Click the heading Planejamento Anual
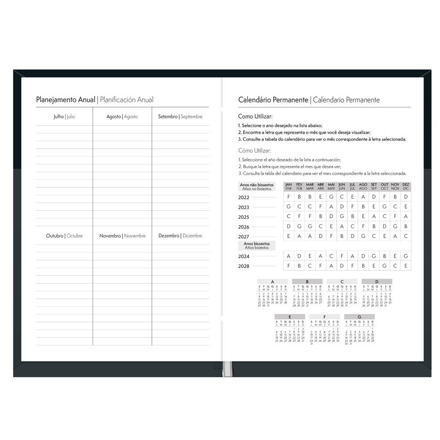(66, 99)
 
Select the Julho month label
(58, 117)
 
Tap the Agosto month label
(114, 117)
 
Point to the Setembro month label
(168, 117)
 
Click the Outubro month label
(55, 236)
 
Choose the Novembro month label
(110, 236)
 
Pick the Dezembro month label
(169, 236)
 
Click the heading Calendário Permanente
(273, 100)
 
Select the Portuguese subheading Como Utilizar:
(255, 117)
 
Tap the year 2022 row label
(244, 198)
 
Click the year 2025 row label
(244, 217)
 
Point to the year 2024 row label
(244, 256)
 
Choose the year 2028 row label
(244, 266)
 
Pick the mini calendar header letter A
(272, 281)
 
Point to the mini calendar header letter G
(359, 317)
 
